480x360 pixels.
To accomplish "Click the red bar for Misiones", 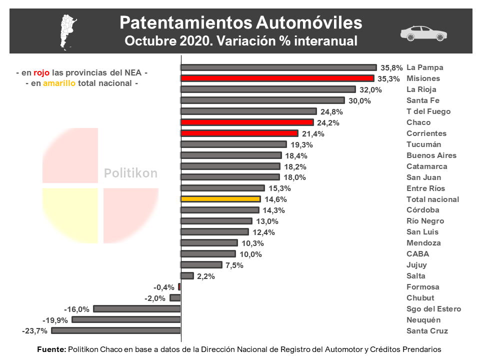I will tap(277, 78).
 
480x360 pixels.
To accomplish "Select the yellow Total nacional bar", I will tap(220, 199).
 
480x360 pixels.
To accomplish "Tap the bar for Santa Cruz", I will tap(116, 330).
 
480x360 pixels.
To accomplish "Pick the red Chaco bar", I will tap(247, 122).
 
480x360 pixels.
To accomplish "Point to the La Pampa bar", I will tap(278, 67).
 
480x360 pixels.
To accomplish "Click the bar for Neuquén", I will tap(126, 319).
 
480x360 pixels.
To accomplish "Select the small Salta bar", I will tap(187, 275).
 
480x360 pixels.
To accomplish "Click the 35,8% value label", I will tap(391, 68).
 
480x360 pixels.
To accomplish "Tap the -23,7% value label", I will tap(35, 331).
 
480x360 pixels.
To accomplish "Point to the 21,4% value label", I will tap(313, 134).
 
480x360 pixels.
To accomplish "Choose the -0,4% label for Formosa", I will tap(164, 287).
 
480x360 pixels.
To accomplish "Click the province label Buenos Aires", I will tap(431, 155).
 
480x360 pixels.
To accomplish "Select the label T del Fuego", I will tap(428, 111).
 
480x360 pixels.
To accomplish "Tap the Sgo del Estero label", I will tap(433, 309).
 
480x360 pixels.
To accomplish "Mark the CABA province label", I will tap(418, 254).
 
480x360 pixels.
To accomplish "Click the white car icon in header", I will tap(423, 33).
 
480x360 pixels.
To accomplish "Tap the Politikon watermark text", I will tap(130, 173).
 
